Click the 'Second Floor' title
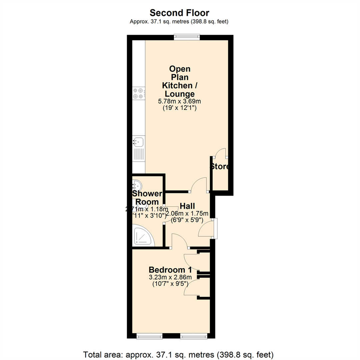tap(179, 13)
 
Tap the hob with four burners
tap(139, 93)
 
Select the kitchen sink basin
tap(138, 142)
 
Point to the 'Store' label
tap(220, 166)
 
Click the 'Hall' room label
tap(187, 206)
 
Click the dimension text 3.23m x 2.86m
tap(170, 277)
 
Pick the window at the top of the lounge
tap(187, 37)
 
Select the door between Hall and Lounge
tap(200, 185)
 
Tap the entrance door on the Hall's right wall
tap(205, 228)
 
